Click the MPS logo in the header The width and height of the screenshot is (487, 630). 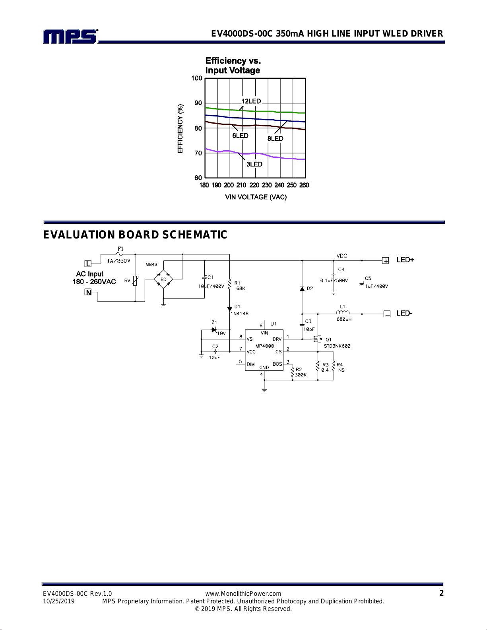tap(70, 37)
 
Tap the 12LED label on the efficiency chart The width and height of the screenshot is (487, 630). tap(251, 101)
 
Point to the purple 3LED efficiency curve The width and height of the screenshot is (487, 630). tap(255, 154)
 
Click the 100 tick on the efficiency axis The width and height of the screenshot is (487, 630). tap(196, 78)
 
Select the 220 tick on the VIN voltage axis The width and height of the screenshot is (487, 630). tap(254, 185)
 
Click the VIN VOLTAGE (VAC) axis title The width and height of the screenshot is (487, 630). tap(256, 197)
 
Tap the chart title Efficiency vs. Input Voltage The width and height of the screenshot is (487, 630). tap(233, 66)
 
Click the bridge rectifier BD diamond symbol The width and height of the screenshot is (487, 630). tap(163, 279)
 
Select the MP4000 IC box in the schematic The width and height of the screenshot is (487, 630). tap(264, 350)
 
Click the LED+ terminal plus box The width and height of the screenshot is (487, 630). tap(385, 261)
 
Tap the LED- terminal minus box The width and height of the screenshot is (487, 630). tap(387, 314)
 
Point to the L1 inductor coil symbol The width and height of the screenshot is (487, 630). tap(343, 312)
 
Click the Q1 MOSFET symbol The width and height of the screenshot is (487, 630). tap(317, 339)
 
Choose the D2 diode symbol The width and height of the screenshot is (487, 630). tap(302, 289)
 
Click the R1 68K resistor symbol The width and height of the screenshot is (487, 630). tap(230, 284)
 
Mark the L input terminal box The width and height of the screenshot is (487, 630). tap(88, 264)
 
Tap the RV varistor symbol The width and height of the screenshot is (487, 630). tap(135, 281)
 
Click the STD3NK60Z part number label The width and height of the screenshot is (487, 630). tap(337, 346)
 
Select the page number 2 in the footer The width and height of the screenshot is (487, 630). tap(442, 593)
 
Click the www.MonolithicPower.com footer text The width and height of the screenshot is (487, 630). tap(243, 594)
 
